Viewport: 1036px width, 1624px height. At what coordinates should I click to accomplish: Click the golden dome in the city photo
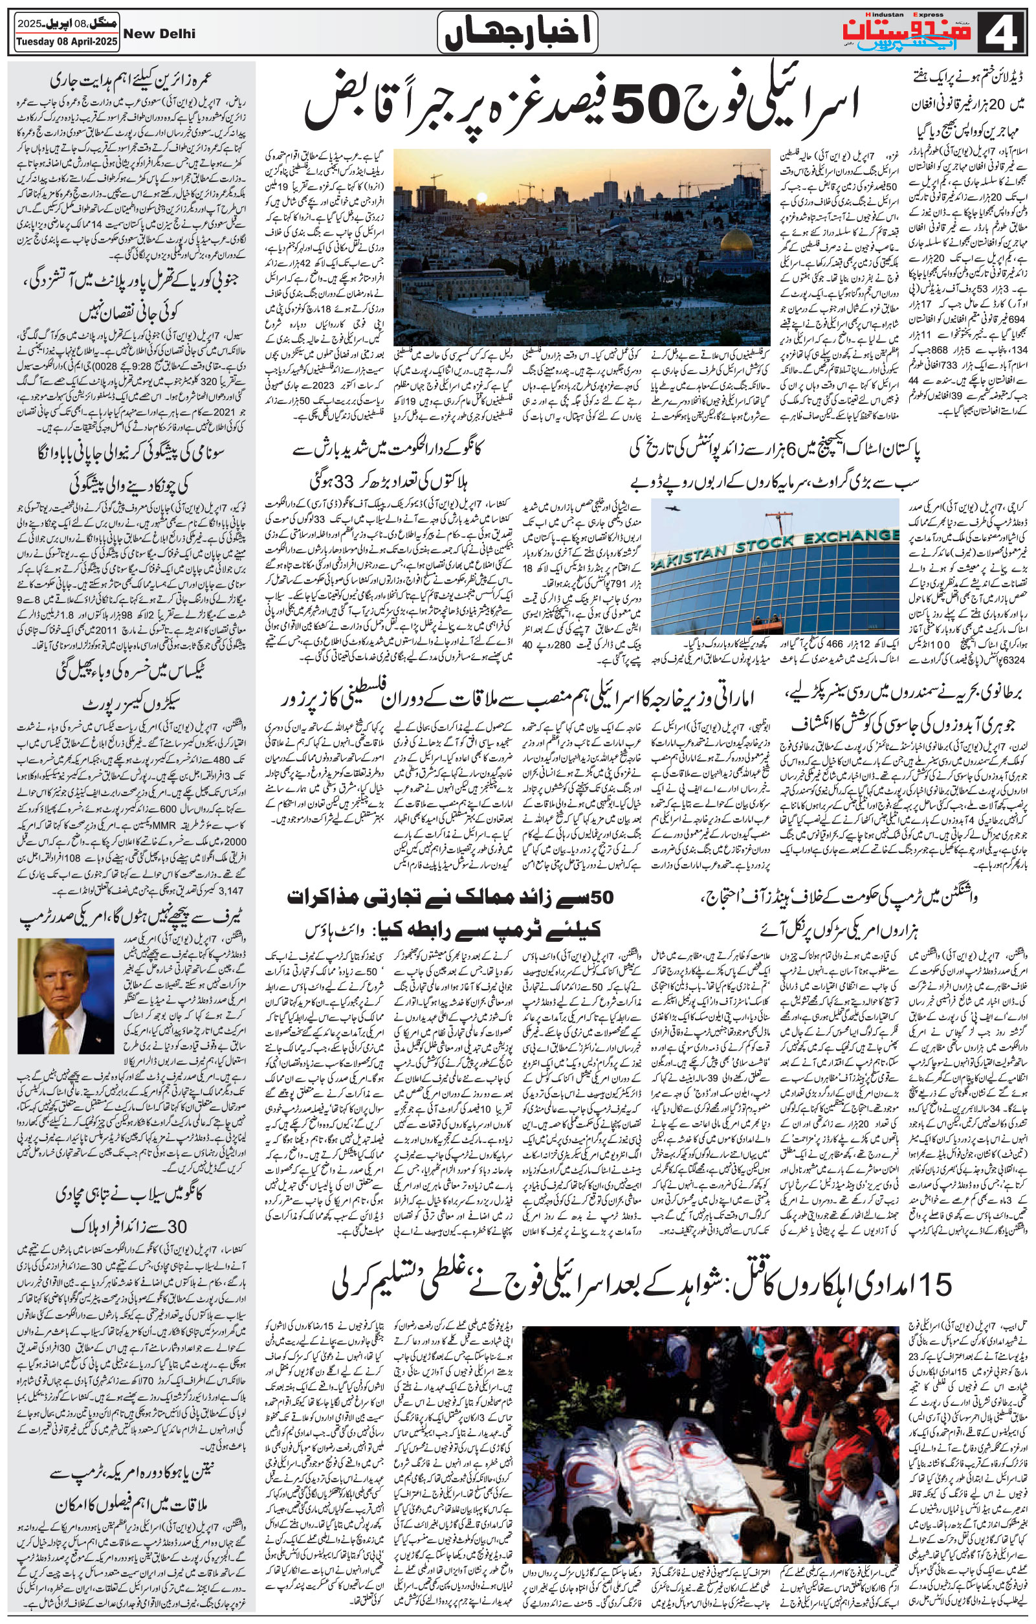(x=741, y=241)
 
